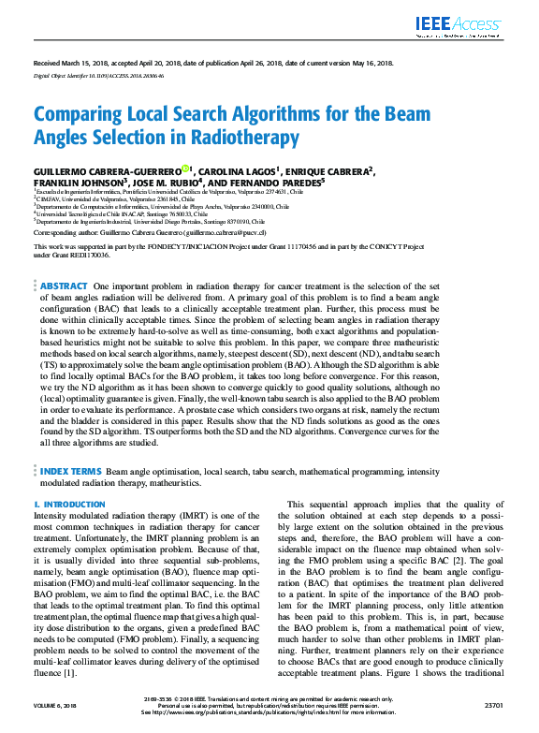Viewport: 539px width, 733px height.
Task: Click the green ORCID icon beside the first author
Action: [x=185, y=169]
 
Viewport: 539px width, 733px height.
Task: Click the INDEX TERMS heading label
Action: [x=70, y=472]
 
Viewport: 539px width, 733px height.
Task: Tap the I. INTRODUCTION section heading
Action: [x=69, y=504]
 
